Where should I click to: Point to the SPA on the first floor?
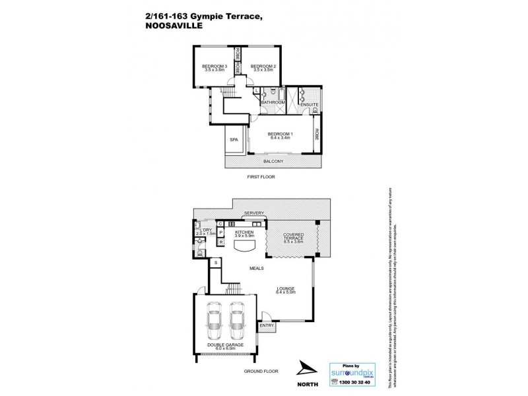[234, 140]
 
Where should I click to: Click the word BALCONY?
[273, 162]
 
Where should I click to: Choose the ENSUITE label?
[309, 105]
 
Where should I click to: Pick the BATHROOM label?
[272, 103]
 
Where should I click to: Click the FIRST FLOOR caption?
[261, 178]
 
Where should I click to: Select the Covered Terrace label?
[292, 238]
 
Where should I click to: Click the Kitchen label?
[244, 233]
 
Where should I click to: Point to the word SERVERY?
[253, 213]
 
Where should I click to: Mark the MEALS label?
[257, 268]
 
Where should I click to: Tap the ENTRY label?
[266, 325]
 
